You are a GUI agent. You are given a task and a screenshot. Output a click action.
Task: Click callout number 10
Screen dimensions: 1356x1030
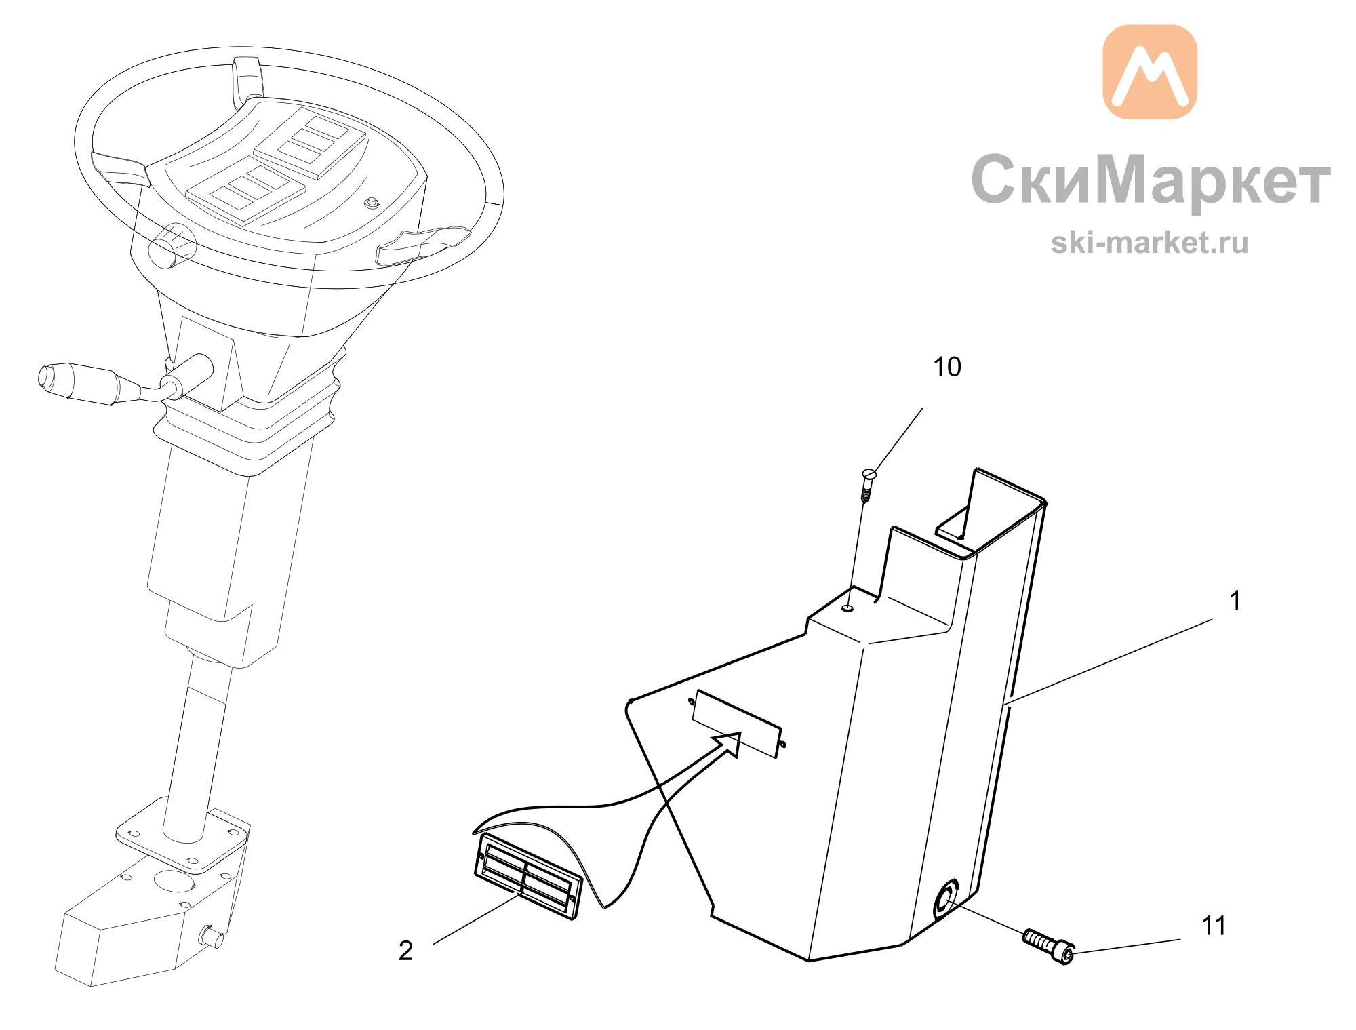947,367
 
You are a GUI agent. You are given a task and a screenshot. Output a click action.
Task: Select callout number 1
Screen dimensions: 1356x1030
1235,600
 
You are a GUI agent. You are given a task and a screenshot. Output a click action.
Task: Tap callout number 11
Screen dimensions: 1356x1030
1214,926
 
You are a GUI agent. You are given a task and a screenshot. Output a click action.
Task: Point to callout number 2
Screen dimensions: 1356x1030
405,951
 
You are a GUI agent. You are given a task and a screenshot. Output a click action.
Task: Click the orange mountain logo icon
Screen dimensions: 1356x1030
1150,72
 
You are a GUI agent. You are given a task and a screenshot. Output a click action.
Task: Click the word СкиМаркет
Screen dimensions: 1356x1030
1151,180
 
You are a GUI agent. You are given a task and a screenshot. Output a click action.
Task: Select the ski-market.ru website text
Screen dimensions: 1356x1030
1150,243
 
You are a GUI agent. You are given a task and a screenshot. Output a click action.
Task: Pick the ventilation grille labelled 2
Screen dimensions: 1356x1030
528,876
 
